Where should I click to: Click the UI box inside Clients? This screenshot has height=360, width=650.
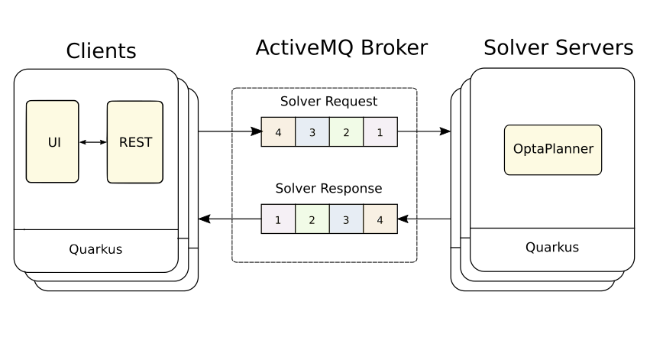pyautogui.click(x=52, y=141)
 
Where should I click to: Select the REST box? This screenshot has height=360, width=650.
pyautogui.click(x=135, y=141)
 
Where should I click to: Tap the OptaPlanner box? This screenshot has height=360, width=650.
pyautogui.click(x=553, y=149)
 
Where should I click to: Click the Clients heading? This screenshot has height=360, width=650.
pyautogui.click(x=101, y=51)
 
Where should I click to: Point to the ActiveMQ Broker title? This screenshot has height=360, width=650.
pyautogui.click(x=341, y=48)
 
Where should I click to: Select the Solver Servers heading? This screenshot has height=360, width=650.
pyautogui.click(x=558, y=48)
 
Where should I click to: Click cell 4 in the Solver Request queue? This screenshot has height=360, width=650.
pyautogui.click(x=278, y=131)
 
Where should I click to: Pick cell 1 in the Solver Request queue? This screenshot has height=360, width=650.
pyautogui.click(x=380, y=131)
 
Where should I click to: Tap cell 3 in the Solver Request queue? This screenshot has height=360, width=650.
pyautogui.click(x=312, y=131)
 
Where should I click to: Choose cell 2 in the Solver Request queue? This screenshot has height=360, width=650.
pyautogui.click(x=346, y=131)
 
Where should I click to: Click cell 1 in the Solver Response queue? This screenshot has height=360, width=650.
pyautogui.click(x=278, y=219)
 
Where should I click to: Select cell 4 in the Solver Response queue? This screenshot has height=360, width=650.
pyautogui.click(x=380, y=219)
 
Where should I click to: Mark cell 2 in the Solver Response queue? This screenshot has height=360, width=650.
pyautogui.click(x=312, y=219)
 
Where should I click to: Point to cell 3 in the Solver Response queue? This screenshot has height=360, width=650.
pyautogui.click(x=346, y=219)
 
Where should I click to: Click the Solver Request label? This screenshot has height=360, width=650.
pyautogui.click(x=328, y=102)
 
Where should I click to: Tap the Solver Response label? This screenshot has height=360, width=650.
pyautogui.click(x=328, y=188)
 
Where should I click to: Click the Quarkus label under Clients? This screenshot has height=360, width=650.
pyautogui.click(x=95, y=249)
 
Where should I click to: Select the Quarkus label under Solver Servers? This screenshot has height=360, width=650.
pyautogui.click(x=551, y=248)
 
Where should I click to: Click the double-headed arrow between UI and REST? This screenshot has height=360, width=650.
pyautogui.click(x=92, y=142)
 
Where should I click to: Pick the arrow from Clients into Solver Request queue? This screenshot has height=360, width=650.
pyautogui.click(x=229, y=131)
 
